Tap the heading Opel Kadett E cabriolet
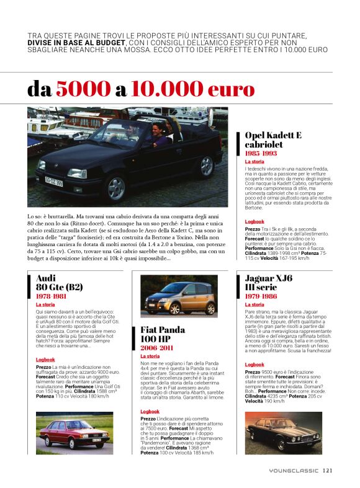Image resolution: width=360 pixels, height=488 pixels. tap(273, 140)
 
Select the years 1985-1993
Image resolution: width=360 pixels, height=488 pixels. tap(261, 153)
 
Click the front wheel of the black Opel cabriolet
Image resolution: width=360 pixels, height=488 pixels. tap(116, 189)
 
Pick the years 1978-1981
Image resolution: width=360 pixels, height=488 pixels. tap(52, 296)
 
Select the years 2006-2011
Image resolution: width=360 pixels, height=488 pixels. tap(156, 348)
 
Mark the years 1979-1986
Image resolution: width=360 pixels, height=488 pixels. tap(261, 296)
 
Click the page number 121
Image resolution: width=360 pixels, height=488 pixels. tap(328, 470)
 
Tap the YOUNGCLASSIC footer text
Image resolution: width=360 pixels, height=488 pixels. tap(294, 470)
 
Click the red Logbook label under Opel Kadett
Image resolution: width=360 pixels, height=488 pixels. tap(254, 221)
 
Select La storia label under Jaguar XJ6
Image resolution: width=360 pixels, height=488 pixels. tap(254, 304)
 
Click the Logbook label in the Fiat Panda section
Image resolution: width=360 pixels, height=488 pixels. tap(150, 411)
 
